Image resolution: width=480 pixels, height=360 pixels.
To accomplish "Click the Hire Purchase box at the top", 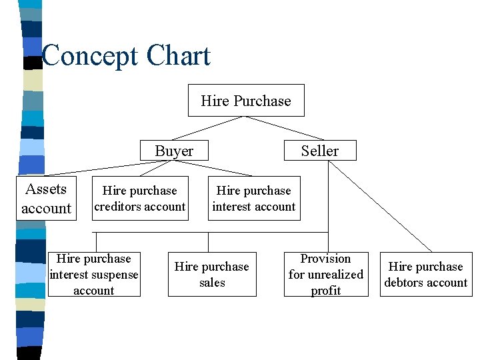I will (x=246, y=101).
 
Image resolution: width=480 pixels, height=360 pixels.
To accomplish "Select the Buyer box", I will (x=174, y=151).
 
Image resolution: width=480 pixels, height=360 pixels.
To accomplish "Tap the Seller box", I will (x=319, y=151).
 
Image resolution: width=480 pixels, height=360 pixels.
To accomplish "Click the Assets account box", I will (x=46, y=199).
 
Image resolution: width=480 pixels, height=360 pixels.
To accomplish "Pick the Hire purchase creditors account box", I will (x=139, y=199).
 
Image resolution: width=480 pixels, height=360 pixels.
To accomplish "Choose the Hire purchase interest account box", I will (x=253, y=199).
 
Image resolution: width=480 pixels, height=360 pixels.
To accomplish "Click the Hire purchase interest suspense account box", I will (x=94, y=274).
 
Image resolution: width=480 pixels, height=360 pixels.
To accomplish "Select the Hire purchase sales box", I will (x=211, y=274).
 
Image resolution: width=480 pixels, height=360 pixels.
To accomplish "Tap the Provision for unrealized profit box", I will (x=325, y=274).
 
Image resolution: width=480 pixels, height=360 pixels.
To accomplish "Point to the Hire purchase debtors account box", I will (x=425, y=274).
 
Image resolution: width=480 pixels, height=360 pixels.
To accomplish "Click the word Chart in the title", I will (x=179, y=57).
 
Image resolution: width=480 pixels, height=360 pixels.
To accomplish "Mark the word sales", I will (x=212, y=283).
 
